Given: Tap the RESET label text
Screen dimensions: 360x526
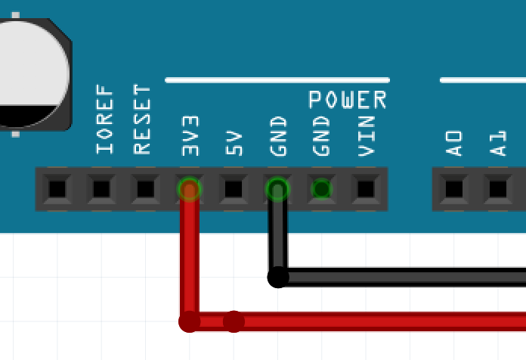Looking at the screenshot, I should (143, 119).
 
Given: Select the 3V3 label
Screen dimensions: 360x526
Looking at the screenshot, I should (190, 135).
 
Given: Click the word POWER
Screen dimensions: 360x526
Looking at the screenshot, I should (348, 99).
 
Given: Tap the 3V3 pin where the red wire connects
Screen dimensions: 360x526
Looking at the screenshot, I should (189, 188).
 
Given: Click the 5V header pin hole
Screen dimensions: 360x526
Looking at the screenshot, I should (234, 188).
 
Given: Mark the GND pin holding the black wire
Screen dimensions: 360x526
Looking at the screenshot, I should (278, 188).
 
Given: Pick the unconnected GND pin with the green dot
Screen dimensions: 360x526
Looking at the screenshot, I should (322, 188).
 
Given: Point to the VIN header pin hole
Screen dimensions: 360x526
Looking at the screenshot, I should (366, 188).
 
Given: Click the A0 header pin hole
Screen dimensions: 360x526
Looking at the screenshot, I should (453, 188).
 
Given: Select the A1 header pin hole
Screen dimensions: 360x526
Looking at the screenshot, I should (497, 188).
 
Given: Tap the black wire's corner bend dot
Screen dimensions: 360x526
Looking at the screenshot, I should (278, 278).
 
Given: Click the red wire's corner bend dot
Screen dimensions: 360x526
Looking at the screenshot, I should (189, 322).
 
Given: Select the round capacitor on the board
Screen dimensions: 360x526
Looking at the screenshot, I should (30, 72).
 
